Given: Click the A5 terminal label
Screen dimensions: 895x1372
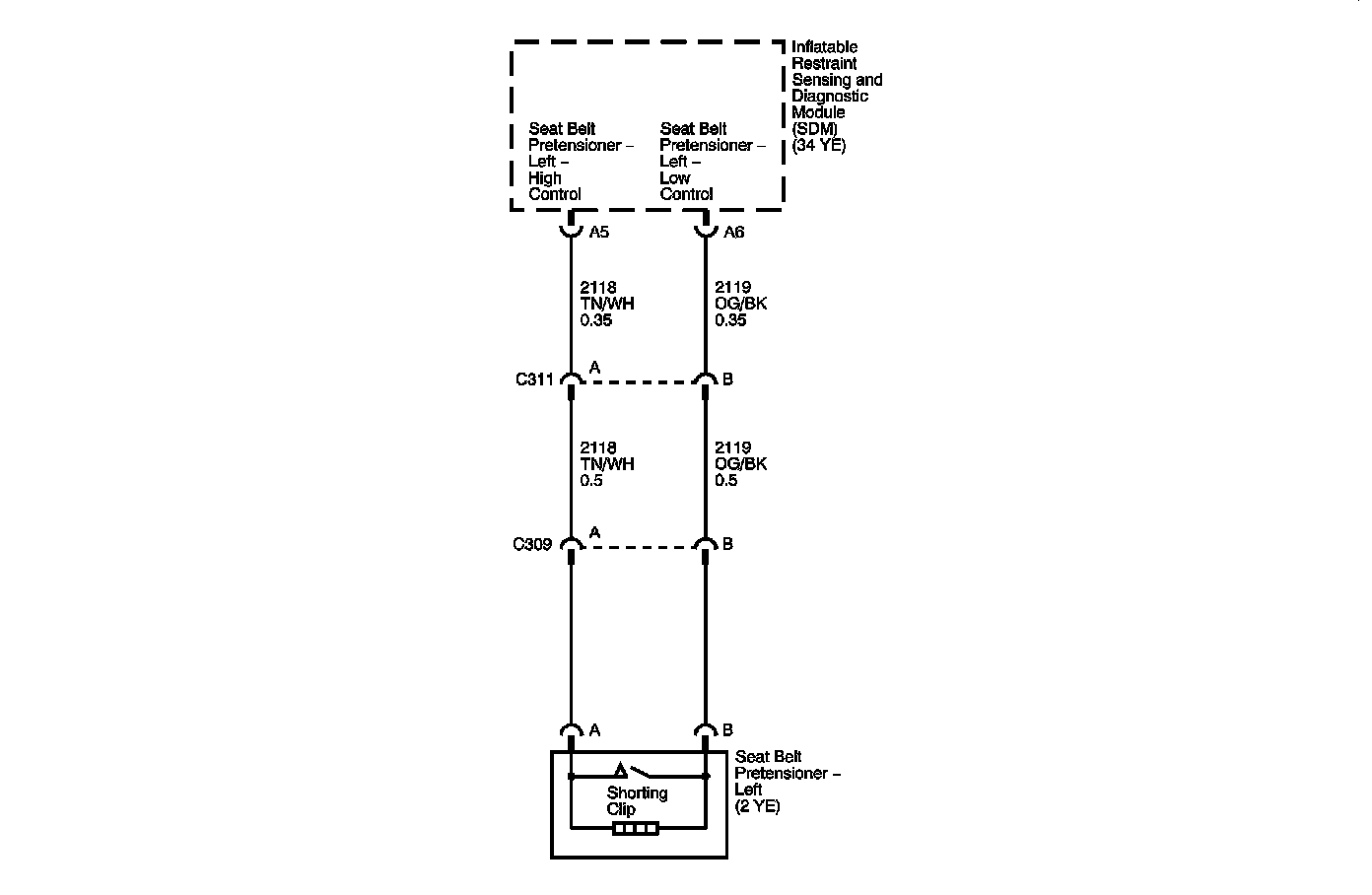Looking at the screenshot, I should (x=598, y=233).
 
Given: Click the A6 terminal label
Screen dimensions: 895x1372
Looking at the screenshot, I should (x=733, y=233).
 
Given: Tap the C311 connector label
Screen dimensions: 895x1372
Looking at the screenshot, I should (x=534, y=379).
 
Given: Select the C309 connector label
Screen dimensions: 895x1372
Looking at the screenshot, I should (x=532, y=544).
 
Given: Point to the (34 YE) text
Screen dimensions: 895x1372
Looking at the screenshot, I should (x=819, y=145).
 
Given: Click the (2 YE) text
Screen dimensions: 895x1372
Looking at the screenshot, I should (x=757, y=806).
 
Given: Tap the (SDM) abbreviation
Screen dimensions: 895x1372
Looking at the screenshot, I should (x=816, y=129).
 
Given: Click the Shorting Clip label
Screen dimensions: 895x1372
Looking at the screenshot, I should (x=637, y=800).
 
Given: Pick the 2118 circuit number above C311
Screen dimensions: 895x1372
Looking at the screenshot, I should (x=598, y=288).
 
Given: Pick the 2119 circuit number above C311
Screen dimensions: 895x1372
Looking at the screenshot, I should (x=732, y=288).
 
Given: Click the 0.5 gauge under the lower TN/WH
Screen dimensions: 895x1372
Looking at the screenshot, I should (x=591, y=481).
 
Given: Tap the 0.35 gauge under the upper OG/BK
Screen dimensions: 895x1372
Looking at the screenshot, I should (x=730, y=320).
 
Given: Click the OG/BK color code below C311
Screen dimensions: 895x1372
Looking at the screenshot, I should (x=740, y=464).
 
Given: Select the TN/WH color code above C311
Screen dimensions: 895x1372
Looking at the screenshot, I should (x=607, y=304).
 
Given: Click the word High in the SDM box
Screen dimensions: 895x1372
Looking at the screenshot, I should (x=545, y=178).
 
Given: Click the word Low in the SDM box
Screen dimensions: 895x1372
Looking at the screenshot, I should (x=675, y=178).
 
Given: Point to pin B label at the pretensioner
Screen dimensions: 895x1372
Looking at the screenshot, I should (x=727, y=730).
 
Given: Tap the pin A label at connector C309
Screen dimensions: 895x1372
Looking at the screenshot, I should (x=594, y=533).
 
